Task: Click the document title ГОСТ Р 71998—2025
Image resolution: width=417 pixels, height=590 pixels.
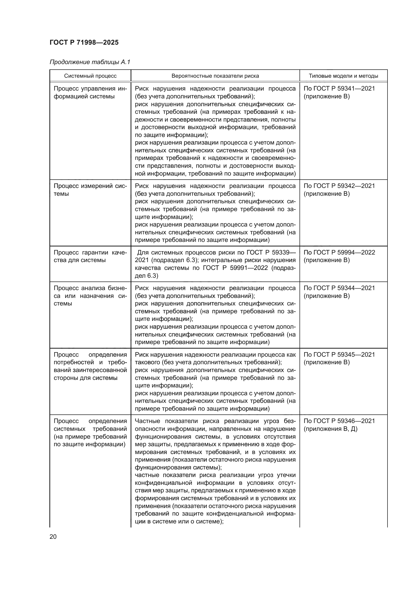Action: click(x=84, y=42)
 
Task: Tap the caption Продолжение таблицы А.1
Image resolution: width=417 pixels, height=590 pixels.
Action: click(x=90, y=62)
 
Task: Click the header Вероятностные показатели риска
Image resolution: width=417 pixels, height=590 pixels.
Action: click(x=215, y=76)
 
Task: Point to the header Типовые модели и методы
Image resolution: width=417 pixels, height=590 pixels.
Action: click(x=343, y=76)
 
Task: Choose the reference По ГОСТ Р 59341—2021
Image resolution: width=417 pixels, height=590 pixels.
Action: click(x=339, y=89)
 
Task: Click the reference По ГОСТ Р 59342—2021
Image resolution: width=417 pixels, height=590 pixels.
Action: click(x=339, y=186)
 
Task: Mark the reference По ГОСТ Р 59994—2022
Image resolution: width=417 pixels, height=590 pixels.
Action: click(x=339, y=252)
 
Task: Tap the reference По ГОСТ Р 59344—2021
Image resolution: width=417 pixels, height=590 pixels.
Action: click(x=339, y=288)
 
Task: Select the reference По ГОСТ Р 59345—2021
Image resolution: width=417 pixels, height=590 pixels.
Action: click(x=339, y=354)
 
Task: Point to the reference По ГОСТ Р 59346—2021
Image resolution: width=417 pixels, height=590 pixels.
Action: click(x=339, y=421)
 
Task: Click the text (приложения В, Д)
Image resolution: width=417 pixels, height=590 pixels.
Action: click(x=331, y=429)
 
